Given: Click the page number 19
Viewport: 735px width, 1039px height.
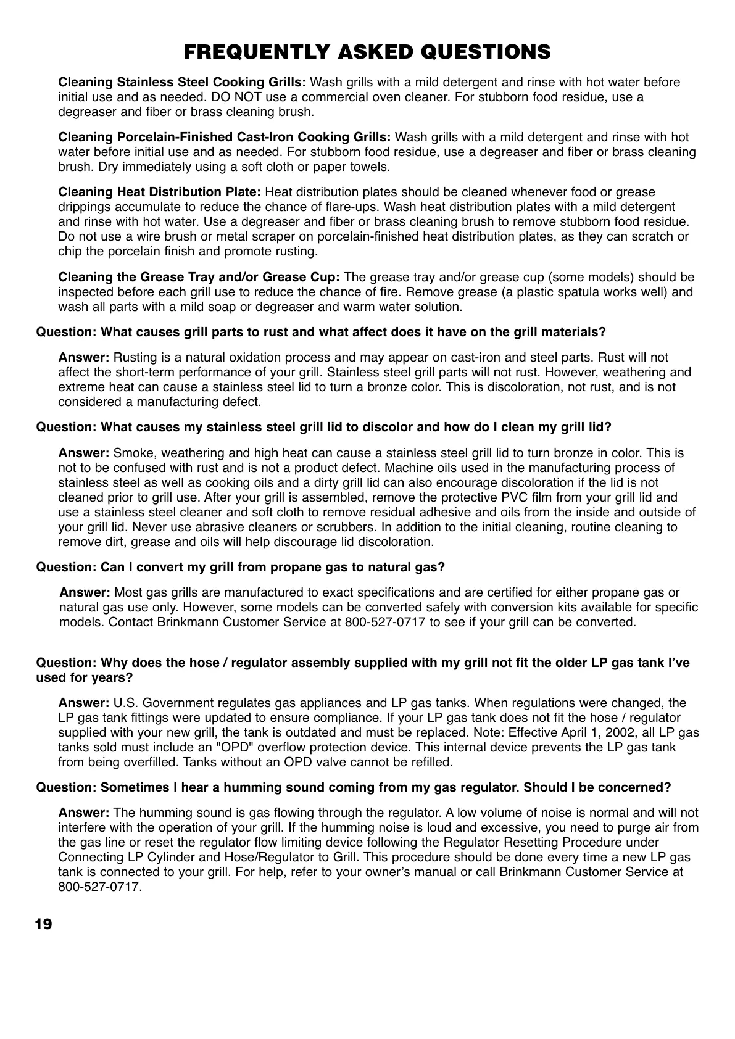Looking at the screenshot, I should pyautogui.click(x=43, y=924).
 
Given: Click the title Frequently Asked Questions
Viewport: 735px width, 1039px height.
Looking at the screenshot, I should pyautogui.click(x=367, y=52).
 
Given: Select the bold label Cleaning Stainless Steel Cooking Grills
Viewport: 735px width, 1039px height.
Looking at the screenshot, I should pyautogui.click(x=182, y=82).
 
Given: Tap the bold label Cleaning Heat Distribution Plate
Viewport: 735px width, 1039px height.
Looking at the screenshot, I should pyautogui.click(x=160, y=192).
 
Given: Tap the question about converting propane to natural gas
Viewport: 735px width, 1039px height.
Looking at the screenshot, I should pyautogui.click(x=241, y=567).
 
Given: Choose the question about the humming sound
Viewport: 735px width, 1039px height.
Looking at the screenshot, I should pyautogui.click(x=354, y=787).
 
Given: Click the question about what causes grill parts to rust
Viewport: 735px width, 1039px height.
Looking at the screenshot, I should pyautogui.click(x=321, y=332).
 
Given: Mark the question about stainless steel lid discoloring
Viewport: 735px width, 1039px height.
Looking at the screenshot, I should pyautogui.click(x=324, y=427).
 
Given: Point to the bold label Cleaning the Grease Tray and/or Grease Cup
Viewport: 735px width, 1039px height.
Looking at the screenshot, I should pyautogui.click(x=199, y=277).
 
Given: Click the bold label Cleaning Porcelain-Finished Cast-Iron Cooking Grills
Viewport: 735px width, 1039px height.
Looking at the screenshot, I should pyautogui.click(x=224, y=137).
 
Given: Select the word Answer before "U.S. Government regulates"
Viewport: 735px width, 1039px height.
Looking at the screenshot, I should pyautogui.click(x=84, y=703).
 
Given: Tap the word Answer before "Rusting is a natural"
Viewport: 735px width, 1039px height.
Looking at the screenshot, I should pyautogui.click(x=84, y=357).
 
